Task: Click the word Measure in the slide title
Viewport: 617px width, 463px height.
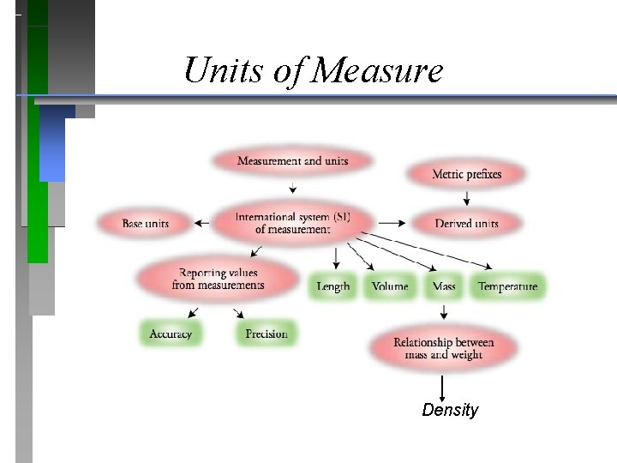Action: click(378, 70)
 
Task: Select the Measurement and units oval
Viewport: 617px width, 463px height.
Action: click(291, 161)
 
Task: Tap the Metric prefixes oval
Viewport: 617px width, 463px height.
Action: click(466, 174)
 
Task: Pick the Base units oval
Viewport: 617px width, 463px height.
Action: click(145, 224)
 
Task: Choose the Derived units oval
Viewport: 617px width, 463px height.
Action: click(466, 224)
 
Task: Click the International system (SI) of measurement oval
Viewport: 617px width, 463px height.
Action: click(292, 223)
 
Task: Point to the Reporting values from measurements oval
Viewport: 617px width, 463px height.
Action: click(218, 279)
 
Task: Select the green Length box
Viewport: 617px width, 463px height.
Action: click(332, 286)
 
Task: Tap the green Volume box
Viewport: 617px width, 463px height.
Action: click(390, 286)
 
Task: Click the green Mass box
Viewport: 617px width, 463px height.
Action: click(444, 286)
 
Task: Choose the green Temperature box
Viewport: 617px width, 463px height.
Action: click(507, 286)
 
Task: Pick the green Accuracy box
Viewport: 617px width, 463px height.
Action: click(171, 334)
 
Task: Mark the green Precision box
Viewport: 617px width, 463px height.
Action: click(266, 334)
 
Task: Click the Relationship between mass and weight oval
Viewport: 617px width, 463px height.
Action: click(443, 348)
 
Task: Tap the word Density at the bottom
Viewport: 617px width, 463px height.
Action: click(450, 410)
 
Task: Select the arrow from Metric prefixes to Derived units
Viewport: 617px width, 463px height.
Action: click(466, 198)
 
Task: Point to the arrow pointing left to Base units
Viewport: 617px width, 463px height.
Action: click(201, 224)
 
